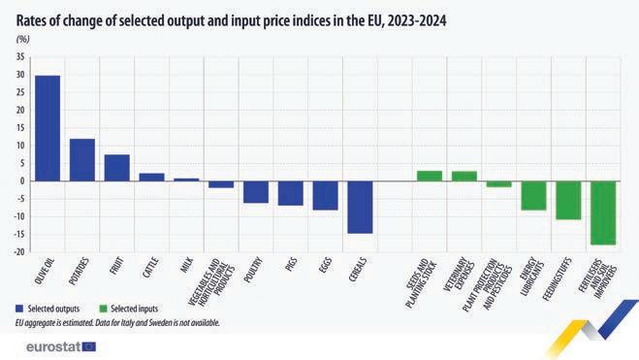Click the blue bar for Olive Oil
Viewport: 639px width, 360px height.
[x=48, y=128]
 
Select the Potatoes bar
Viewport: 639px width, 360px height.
[x=82, y=160]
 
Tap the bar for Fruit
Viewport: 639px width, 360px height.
[x=117, y=168]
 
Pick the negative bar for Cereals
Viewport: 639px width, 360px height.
[x=361, y=207]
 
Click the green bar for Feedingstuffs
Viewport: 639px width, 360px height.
[x=568, y=200]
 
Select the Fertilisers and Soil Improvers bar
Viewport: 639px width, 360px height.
[x=603, y=213]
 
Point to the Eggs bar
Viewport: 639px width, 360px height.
[x=325, y=196]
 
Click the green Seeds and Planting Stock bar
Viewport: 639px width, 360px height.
[x=430, y=176]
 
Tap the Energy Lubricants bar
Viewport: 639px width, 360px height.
[x=534, y=196]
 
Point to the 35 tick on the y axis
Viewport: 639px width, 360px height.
[x=20, y=57]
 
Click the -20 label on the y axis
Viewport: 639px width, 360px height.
[x=19, y=252]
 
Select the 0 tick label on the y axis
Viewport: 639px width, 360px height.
[x=22, y=181]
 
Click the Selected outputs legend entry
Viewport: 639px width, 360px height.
[x=48, y=309]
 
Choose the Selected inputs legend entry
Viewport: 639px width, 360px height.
[x=129, y=309]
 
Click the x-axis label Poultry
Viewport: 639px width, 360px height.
[x=253, y=270]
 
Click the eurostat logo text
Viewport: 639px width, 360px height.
[x=53, y=347]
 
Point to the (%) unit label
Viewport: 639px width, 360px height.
[x=23, y=40]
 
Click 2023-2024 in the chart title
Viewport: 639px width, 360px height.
[x=417, y=20]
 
